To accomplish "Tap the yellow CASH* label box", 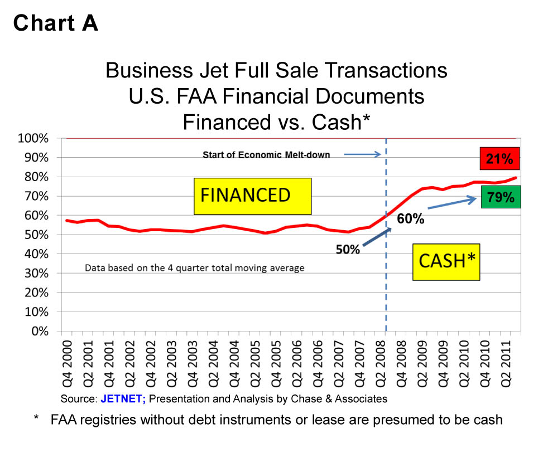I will (446, 260).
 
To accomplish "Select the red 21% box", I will (499, 159).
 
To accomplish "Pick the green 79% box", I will (499, 197).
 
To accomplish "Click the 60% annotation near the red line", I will (411, 219).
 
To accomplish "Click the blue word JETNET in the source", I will (121, 399).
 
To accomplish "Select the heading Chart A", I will (56, 23).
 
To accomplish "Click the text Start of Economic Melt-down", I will (266, 155).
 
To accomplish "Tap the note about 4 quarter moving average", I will (194, 268).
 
